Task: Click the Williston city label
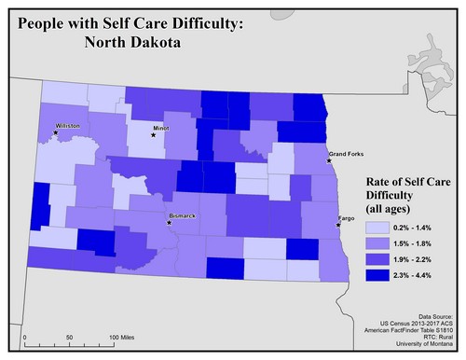[69, 124]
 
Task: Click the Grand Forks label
[346, 153]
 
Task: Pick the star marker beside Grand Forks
[329, 160]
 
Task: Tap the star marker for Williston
[56, 132]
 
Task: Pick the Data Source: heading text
[434, 317]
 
